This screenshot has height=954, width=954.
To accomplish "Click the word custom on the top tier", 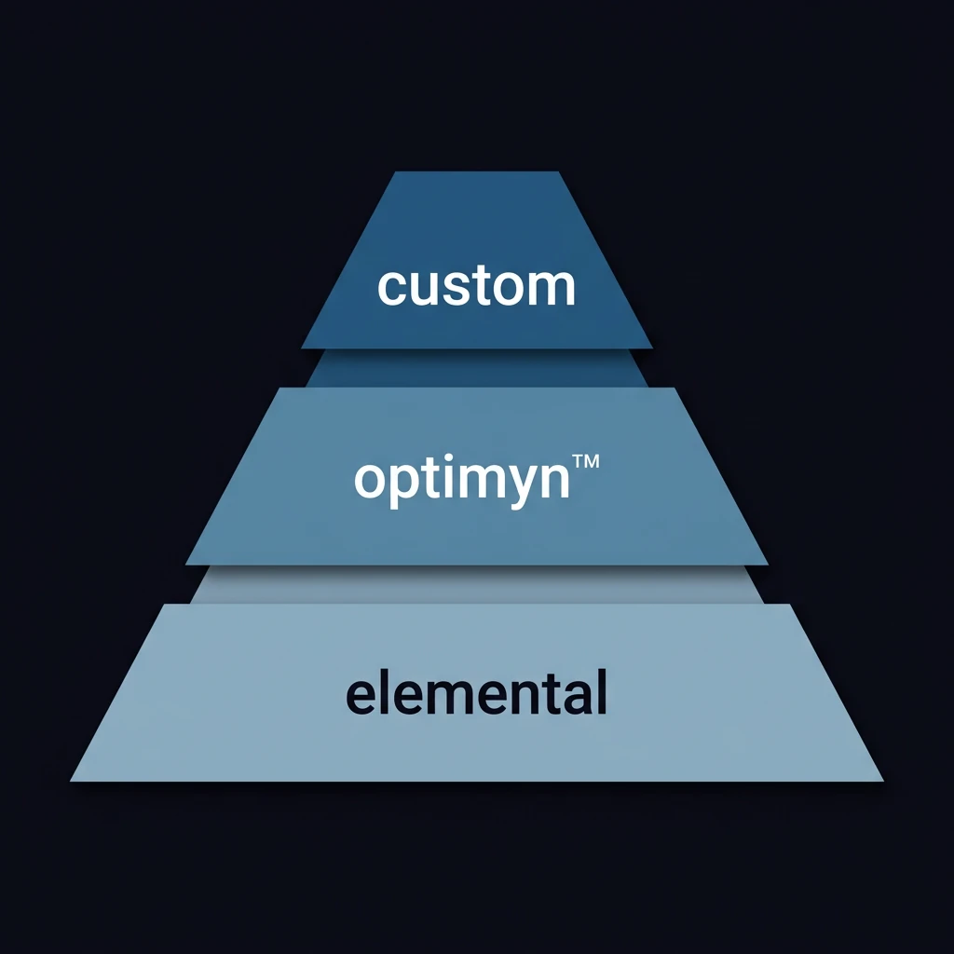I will (476, 286).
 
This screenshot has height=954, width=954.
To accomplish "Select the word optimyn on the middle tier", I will (462, 480).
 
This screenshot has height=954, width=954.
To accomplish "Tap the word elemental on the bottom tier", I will (476, 692).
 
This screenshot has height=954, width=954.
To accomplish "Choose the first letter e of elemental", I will (360, 695).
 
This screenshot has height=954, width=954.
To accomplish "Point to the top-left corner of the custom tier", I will (395, 172).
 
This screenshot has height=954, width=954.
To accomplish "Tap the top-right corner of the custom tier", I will (559, 172).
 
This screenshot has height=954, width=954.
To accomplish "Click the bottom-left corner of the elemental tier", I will (71, 780).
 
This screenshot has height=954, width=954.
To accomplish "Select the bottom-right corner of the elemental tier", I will (882, 780).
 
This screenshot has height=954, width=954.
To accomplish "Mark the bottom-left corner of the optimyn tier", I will (186, 564).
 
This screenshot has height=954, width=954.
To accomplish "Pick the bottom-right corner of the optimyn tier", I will (768, 564).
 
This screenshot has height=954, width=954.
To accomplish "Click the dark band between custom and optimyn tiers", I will (476, 368).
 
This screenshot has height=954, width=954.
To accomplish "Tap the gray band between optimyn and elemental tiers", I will (476, 584).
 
